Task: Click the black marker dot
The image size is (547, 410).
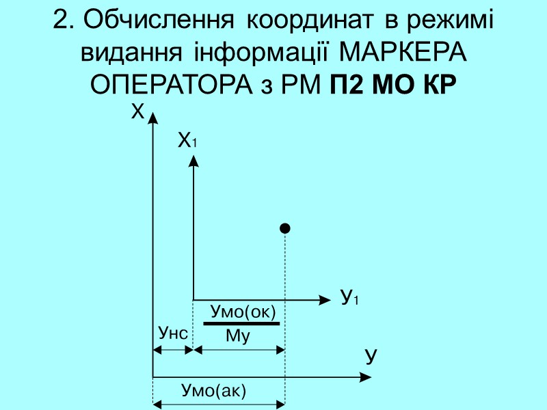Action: (x=285, y=228)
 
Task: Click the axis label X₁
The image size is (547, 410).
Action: (x=187, y=141)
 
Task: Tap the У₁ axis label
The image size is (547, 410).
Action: (x=349, y=298)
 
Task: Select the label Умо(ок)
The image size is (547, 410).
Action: (x=243, y=312)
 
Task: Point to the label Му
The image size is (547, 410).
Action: (x=238, y=336)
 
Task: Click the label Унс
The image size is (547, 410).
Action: (x=172, y=333)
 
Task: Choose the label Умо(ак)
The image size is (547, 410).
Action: (x=213, y=391)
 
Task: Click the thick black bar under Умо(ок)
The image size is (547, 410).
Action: (x=241, y=323)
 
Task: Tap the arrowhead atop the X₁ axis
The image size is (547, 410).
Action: (x=194, y=162)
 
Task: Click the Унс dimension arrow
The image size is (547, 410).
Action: (x=172, y=349)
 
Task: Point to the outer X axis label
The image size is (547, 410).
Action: (x=137, y=111)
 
